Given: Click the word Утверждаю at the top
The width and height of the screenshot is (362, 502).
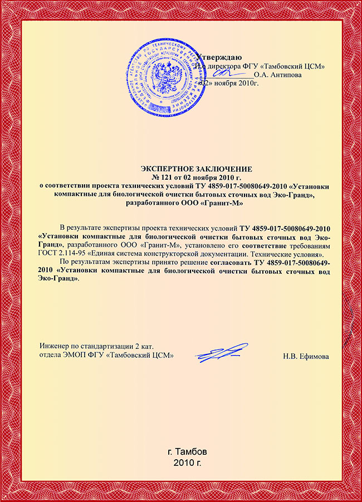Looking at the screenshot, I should (219, 57).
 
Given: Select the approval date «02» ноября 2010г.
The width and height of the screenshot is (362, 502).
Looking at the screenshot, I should (232, 83).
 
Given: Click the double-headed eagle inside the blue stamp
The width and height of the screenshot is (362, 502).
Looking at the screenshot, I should (165, 77).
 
